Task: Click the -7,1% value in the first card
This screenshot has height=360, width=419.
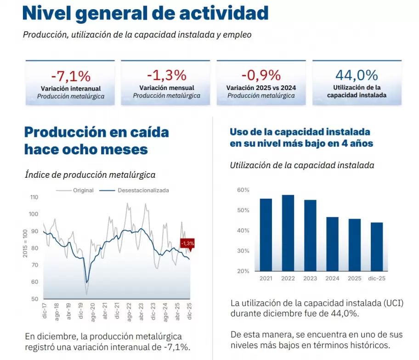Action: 71,75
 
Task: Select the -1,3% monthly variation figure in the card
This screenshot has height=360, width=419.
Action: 166,75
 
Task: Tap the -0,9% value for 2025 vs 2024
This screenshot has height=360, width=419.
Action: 261,75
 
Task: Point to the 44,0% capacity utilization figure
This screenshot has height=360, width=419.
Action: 357,75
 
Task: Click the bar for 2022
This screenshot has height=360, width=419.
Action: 288,233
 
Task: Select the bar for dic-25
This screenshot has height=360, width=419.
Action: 377,247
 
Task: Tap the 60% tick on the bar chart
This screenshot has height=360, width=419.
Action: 243,190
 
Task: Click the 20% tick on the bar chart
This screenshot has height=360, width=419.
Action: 243,271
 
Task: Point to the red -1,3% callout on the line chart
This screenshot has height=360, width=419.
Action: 187,243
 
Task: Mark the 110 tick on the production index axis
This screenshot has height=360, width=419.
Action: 34,197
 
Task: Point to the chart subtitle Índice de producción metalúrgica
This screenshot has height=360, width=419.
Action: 90,174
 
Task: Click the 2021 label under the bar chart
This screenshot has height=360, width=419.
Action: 266,279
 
